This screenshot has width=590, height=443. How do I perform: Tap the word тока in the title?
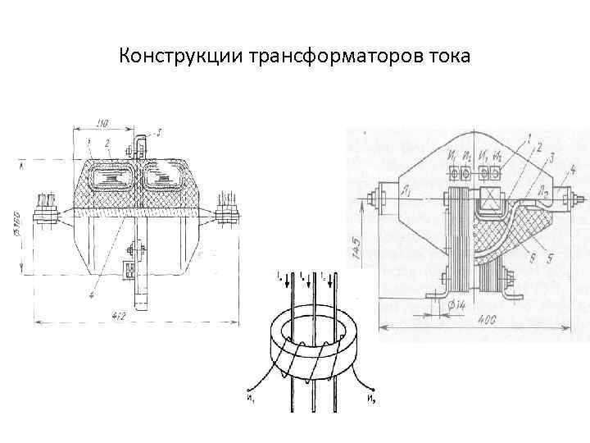click(447, 57)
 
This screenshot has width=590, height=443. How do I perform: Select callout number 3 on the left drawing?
click(159, 131)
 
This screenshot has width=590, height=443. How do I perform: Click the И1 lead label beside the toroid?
click(247, 400)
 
